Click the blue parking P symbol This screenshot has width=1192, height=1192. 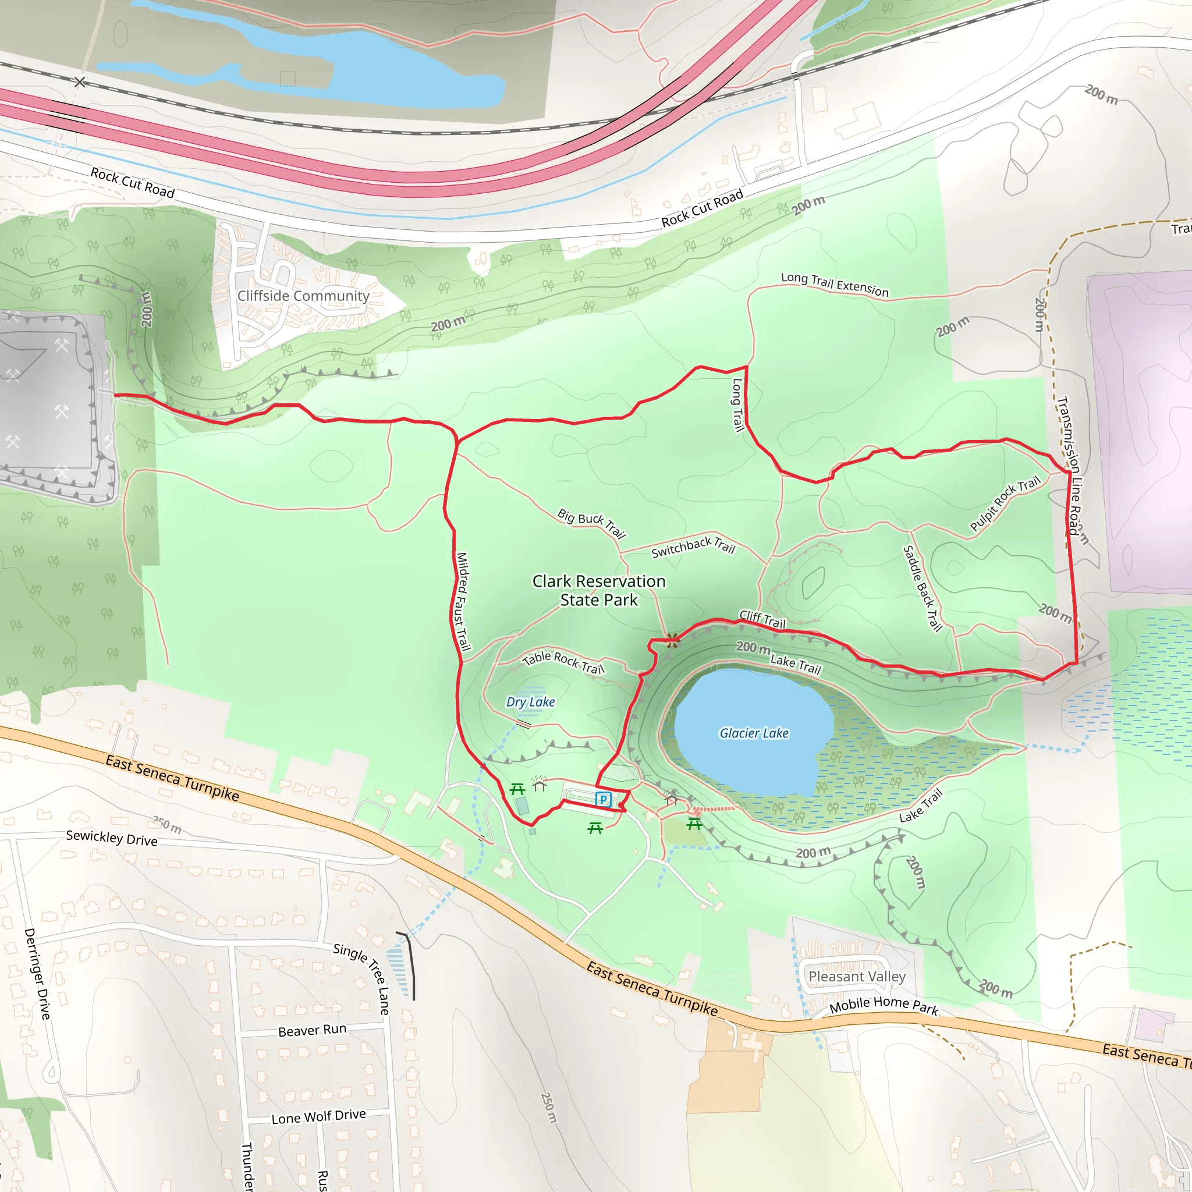point(603,800)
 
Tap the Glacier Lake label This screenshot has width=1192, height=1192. point(754,733)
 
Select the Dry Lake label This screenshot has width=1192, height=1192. point(531,701)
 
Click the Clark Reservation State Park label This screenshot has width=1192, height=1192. point(598,590)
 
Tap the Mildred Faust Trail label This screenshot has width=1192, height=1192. point(463,602)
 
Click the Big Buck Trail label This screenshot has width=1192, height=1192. point(592,523)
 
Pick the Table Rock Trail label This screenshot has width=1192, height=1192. point(563,662)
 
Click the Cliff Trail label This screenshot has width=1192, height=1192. point(762,619)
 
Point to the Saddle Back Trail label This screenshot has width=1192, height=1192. point(923,588)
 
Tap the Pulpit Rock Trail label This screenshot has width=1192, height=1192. point(1005,503)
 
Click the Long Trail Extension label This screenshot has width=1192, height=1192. point(835,285)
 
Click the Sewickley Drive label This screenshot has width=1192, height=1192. point(112,838)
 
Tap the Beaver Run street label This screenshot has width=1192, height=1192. point(312,1030)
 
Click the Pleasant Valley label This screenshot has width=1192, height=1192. point(857,977)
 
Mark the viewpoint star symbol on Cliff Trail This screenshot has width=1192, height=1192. point(672,640)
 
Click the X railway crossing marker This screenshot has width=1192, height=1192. point(80,82)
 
